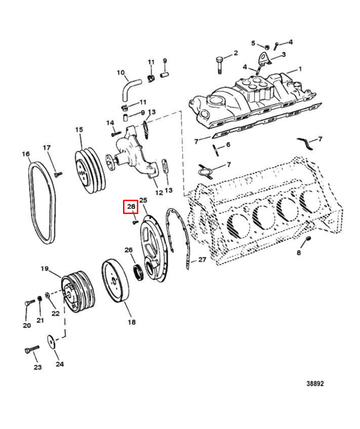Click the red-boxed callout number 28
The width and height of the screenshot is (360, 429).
tap(131, 206)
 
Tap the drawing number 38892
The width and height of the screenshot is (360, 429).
tap(315, 384)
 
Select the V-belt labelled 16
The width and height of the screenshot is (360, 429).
tap(42, 203)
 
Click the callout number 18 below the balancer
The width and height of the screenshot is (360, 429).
tap(132, 322)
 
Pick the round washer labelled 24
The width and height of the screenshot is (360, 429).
tap(51, 342)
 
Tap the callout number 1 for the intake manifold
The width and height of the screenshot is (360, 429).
tap(300, 69)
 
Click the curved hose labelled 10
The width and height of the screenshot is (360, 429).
tap(129, 89)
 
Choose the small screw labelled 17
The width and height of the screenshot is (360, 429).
tap(58, 174)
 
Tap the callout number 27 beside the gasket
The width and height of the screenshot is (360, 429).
tap(202, 259)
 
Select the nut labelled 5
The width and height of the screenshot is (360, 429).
tap(267, 47)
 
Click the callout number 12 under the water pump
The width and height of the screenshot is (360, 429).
tap(159, 193)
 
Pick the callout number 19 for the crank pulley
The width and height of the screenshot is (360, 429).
tap(45, 269)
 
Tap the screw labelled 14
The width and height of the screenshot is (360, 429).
tap(116, 134)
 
